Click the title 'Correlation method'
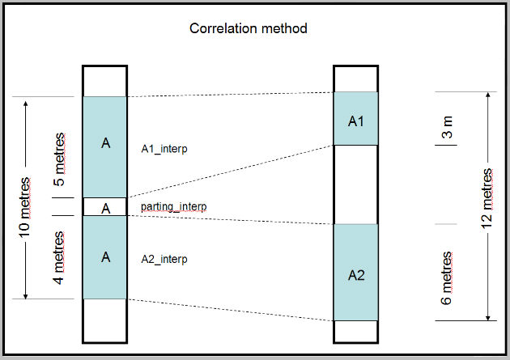(x=248, y=28)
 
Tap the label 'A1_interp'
(x=164, y=149)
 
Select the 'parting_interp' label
(x=173, y=207)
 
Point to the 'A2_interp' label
(x=164, y=259)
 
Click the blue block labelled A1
(x=356, y=119)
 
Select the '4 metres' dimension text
(x=62, y=257)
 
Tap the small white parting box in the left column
(x=105, y=208)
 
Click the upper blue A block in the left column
(x=105, y=146)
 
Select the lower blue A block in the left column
(x=105, y=257)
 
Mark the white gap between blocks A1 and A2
(x=356, y=184)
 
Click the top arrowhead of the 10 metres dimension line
(x=28, y=103)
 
